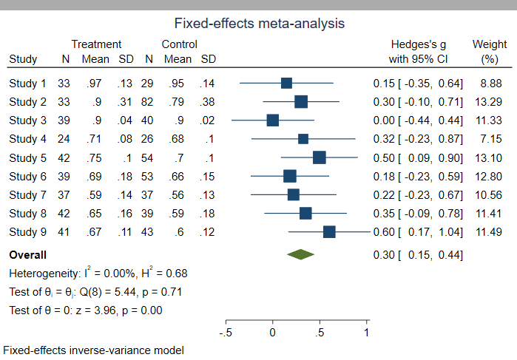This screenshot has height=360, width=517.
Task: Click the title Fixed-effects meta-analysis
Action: pos(259,24)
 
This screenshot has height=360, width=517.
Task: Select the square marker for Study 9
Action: pos(329,232)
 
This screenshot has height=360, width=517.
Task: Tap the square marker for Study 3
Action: pos(272,120)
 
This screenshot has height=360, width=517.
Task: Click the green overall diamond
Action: pos(301,255)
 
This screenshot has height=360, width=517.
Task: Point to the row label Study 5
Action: pos(27,157)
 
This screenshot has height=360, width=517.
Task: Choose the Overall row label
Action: pos(27,255)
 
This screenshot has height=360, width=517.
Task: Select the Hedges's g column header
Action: pos(419,44)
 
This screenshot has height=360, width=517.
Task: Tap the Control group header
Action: pos(179,44)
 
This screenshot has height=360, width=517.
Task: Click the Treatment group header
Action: pos(96,44)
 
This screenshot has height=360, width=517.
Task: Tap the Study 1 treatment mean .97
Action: pos(94,83)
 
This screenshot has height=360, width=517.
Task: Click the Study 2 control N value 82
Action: pos(149,101)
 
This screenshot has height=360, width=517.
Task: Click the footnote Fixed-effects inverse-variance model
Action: pos(93,350)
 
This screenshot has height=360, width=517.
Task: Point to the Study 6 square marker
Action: pos(289,176)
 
